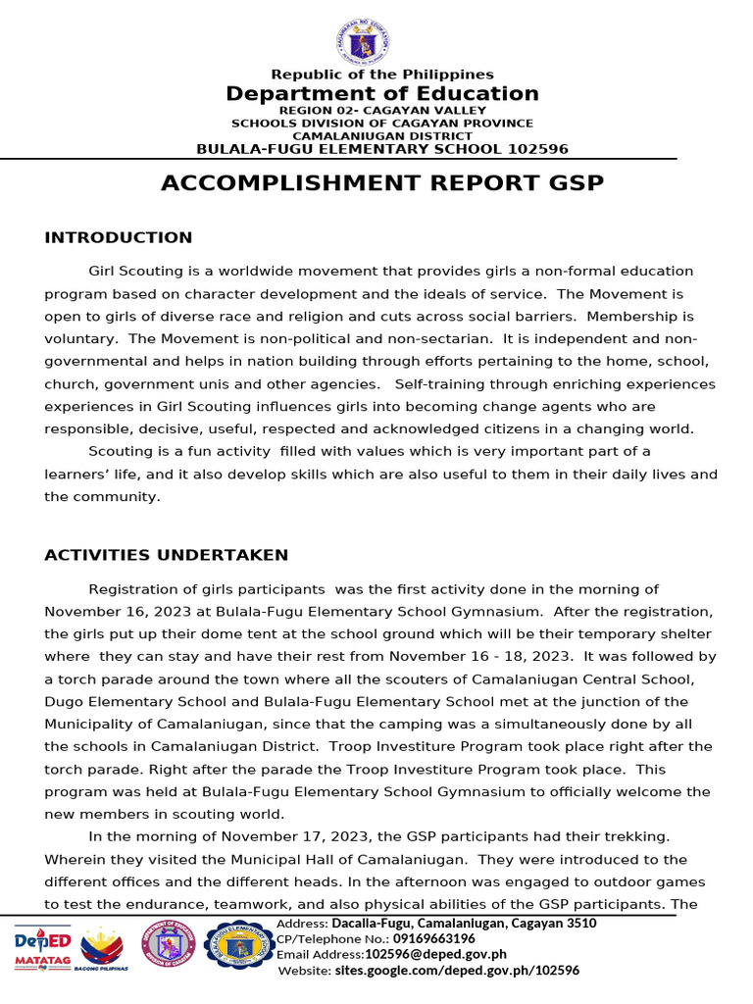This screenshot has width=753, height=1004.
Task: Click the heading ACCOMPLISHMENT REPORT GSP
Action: click(382, 183)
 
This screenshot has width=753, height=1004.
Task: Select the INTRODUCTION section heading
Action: click(119, 238)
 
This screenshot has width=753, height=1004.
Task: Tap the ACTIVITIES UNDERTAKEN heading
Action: click(167, 556)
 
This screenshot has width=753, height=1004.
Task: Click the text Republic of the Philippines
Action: click(382, 75)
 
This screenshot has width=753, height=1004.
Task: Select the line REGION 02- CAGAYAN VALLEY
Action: click(382, 111)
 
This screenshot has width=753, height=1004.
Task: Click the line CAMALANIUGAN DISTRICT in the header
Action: click(382, 136)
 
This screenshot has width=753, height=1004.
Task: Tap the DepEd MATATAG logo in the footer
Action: click(42, 947)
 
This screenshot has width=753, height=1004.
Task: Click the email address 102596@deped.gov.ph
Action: click(435, 954)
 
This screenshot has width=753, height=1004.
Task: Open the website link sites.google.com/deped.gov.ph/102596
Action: click(456, 970)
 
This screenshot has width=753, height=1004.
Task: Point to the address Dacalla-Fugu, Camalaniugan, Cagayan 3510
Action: click(464, 924)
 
